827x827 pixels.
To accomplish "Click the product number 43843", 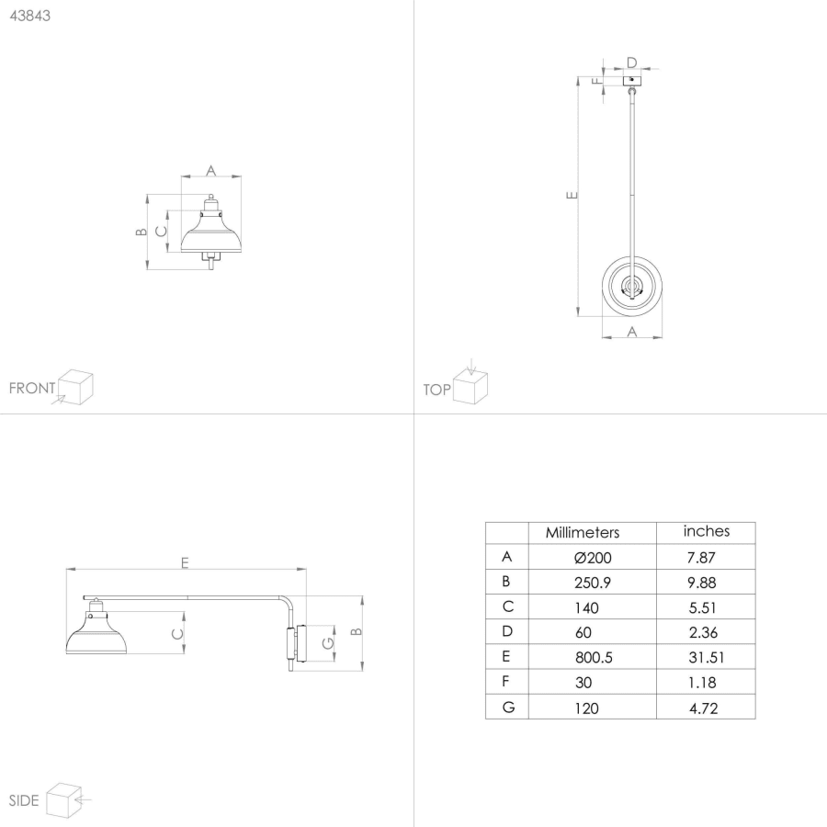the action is pyautogui.click(x=30, y=16).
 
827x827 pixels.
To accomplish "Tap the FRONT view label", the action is pyautogui.click(x=32, y=388).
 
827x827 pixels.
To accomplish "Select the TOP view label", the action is pyautogui.click(x=436, y=390).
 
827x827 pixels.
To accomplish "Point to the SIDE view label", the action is pyautogui.click(x=24, y=800).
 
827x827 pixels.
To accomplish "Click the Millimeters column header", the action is pyautogui.click(x=583, y=533).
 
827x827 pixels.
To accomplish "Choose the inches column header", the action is pyautogui.click(x=707, y=531).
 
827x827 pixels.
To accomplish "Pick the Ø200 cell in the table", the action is pyautogui.click(x=593, y=558).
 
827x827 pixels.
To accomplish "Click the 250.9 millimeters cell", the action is pyautogui.click(x=593, y=583).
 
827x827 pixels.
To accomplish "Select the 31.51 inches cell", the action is pyautogui.click(x=707, y=658).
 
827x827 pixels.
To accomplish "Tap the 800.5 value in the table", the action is pyautogui.click(x=594, y=658).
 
